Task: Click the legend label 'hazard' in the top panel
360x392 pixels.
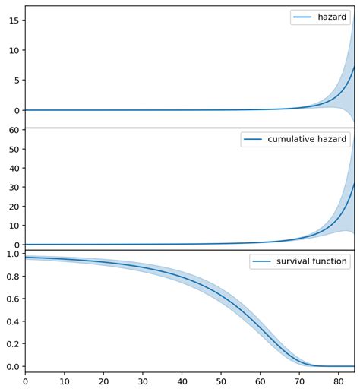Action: [x=332, y=17]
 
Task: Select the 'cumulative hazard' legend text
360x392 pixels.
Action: [x=307, y=140]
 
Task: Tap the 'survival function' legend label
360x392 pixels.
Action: [x=311, y=262]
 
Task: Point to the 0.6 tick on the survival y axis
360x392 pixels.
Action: [x=12, y=299]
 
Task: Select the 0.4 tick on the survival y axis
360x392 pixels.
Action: [x=12, y=322]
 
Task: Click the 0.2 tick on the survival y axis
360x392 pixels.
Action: [x=12, y=344]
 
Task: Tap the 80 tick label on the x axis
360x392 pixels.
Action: [x=338, y=382]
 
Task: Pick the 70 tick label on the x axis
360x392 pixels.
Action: [x=299, y=382]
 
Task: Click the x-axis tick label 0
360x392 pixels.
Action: [x=25, y=382]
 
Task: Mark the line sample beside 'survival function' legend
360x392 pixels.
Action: [x=261, y=262]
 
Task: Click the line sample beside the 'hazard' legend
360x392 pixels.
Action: [x=302, y=17]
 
